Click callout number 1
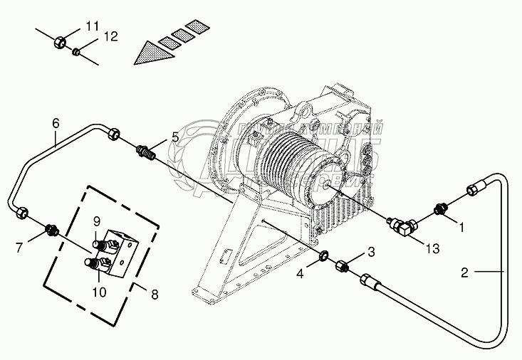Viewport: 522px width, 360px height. click(461, 228)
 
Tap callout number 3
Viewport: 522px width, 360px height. click(370, 251)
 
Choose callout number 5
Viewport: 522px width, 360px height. click(174, 137)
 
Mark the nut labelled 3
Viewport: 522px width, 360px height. click(341, 264)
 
